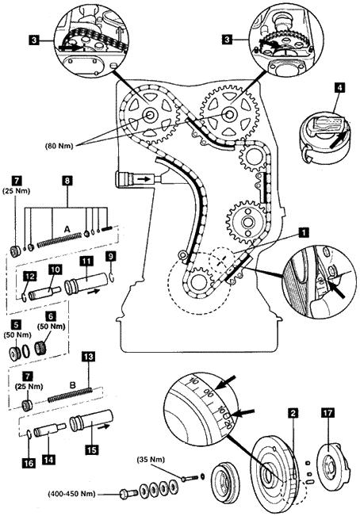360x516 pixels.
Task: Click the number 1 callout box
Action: pos(304,232)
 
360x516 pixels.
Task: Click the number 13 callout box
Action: pos(88,357)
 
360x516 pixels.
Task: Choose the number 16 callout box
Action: pos(29,463)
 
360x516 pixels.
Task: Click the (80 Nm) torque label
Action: pos(59,145)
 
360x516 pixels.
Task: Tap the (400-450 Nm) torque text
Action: pos(71,494)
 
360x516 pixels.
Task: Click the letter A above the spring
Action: pos(67,229)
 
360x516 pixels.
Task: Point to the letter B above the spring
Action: pos(73,384)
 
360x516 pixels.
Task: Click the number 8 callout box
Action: pos(67,181)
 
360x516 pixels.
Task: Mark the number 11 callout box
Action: pos(86,262)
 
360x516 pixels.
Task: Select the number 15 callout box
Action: pos(91,449)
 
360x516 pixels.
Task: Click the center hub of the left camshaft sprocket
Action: pos(150,114)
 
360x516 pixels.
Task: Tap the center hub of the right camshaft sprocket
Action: pos(229,114)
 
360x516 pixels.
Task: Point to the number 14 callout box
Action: pos(48,459)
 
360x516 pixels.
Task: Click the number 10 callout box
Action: pos(56,269)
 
